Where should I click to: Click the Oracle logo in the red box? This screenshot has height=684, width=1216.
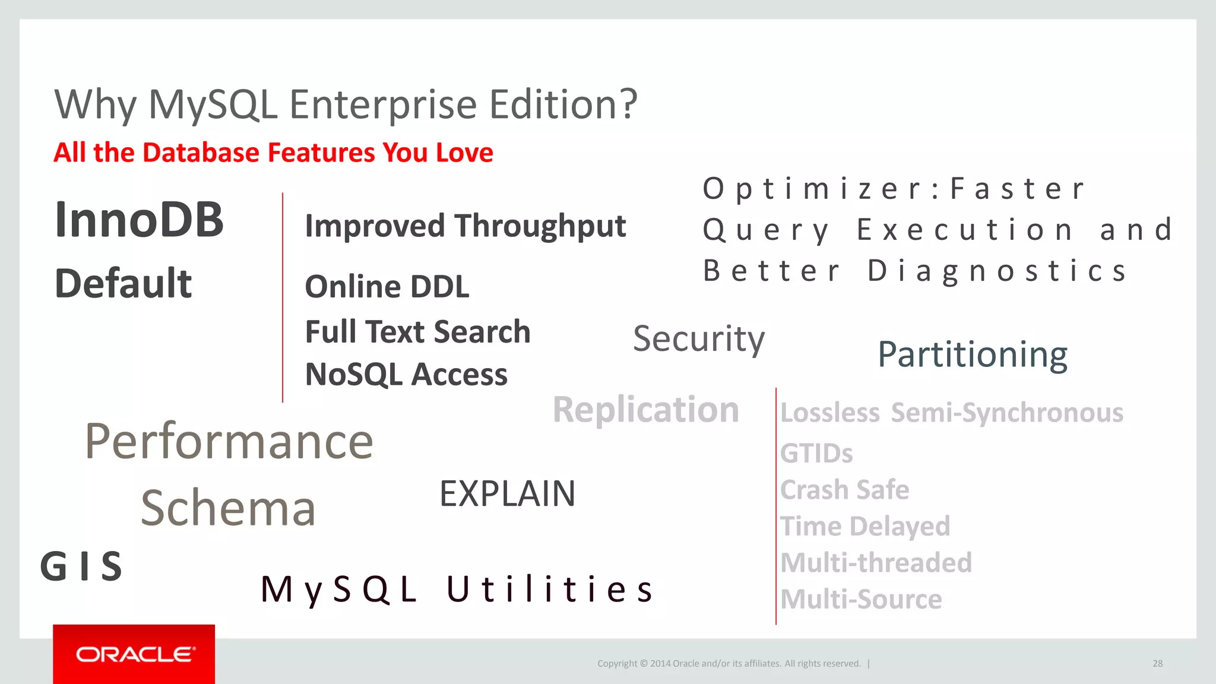134,654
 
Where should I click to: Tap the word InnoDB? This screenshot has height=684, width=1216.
139,220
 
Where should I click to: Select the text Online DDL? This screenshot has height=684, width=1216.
387,287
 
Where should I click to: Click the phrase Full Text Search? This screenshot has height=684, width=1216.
417,332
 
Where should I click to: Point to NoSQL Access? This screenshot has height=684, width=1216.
406,375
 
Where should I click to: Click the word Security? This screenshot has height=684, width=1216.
698,339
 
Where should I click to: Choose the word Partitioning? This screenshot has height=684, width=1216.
972,354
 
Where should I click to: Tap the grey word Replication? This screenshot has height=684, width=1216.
645,410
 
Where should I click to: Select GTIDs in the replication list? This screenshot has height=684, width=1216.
816,454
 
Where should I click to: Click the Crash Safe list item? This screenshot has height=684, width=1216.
844,490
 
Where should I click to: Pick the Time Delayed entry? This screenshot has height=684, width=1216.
864,527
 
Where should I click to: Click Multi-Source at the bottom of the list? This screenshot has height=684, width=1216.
860,600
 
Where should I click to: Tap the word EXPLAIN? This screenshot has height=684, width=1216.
507,494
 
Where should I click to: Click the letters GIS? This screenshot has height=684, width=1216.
81,566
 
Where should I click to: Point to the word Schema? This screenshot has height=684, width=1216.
228,509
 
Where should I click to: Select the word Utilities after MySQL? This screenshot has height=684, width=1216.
550,590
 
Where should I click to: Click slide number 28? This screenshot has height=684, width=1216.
1157,663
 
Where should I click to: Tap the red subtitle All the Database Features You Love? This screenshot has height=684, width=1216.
273,153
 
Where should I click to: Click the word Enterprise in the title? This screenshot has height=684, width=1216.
383,105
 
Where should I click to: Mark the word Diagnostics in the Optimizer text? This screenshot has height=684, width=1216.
997,271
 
